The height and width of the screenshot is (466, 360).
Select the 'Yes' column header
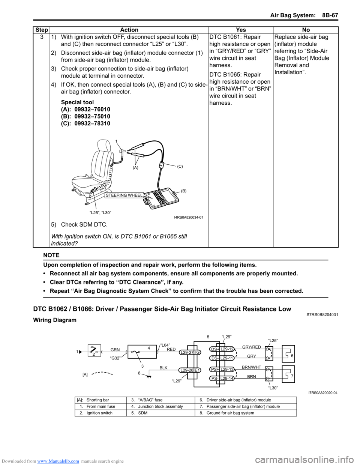[x=241, y=30]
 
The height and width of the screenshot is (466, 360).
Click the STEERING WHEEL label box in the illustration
[x=124, y=195]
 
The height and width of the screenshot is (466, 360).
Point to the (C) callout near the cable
[x=180, y=166]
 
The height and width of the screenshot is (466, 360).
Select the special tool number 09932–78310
[x=92, y=123]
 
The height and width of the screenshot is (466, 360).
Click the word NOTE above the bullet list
[x=51, y=255]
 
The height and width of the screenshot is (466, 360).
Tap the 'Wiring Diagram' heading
[x=55, y=320]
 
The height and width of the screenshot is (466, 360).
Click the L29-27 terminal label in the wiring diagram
[x=186, y=353]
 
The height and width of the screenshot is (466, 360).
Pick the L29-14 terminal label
[x=227, y=378]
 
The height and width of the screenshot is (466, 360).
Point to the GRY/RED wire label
[x=251, y=347]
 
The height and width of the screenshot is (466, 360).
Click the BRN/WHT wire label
[x=251, y=367]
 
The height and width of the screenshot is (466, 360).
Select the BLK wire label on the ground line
[x=163, y=368]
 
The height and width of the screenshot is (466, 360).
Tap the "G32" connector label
[x=115, y=358]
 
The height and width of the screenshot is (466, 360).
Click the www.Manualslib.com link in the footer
[x=60, y=461]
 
